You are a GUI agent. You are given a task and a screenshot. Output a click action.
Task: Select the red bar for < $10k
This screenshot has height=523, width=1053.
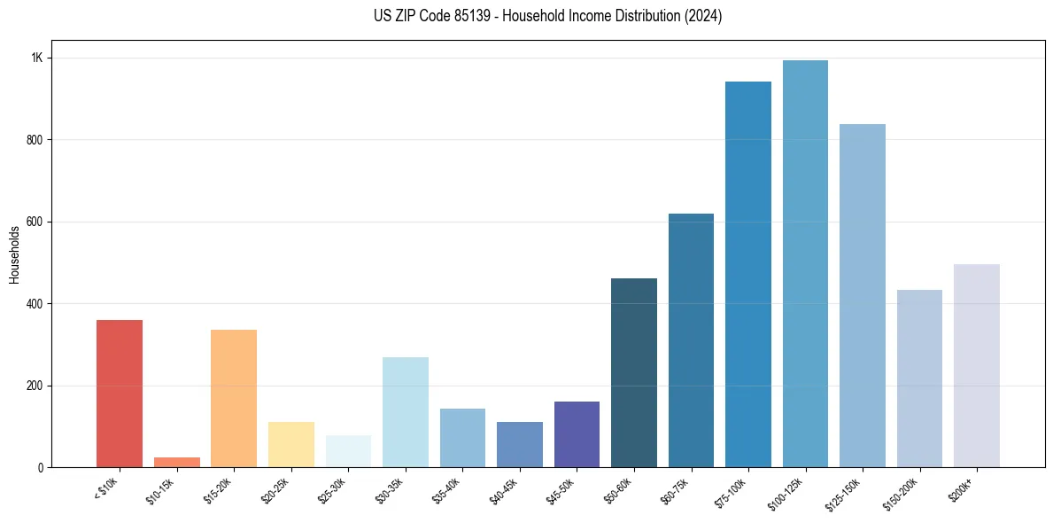click(x=120, y=394)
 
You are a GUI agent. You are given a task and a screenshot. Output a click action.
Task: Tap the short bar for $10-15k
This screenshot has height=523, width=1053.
click(x=176, y=462)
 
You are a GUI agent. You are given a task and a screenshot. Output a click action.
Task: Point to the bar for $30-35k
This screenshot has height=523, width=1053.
click(x=405, y=412)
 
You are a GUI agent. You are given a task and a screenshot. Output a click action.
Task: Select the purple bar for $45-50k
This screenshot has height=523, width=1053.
click(x=577, y=434)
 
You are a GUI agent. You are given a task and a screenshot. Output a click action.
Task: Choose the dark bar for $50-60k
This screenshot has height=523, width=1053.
click(x=634, y=373)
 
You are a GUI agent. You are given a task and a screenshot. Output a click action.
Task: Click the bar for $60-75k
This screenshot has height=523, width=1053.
click(x=691, y=340)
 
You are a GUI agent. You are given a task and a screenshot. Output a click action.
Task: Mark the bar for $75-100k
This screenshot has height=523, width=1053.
click(x=748, y=275)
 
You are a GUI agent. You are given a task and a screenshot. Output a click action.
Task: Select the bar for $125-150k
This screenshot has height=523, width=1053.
click(x=863, y=296)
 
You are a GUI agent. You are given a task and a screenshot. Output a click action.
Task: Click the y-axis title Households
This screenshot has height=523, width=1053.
click(x=14, y=254)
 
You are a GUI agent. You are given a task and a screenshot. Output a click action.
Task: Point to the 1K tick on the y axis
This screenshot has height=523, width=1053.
click(x=37, y=58)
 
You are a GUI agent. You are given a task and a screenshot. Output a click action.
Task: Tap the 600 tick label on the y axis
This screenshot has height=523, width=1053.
click(x=34, y=222)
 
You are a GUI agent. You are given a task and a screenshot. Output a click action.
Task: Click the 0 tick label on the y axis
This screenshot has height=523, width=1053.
click(x=40, y=467)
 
